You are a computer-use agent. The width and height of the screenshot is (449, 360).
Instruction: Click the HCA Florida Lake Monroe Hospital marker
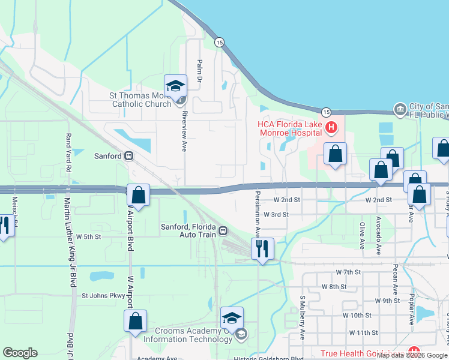click(331, 127)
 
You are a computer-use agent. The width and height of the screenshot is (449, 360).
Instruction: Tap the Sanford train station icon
click(128, 155)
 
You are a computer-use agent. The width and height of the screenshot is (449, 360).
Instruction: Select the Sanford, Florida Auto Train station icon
click(223, 230)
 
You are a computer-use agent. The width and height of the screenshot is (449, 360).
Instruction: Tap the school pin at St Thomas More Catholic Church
click(175, 85)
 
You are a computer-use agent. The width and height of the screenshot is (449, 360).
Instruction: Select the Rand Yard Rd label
click(68, 152)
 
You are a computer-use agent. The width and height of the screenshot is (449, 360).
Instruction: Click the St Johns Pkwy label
click(103, 295)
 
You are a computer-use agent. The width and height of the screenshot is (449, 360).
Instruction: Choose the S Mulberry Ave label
click(303, 317)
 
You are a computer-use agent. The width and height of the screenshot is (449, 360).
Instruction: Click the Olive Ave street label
click(362, 235)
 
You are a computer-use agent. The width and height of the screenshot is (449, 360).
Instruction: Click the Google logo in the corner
click(20, 353)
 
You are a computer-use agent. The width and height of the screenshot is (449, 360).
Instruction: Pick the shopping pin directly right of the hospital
click(336, 154)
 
